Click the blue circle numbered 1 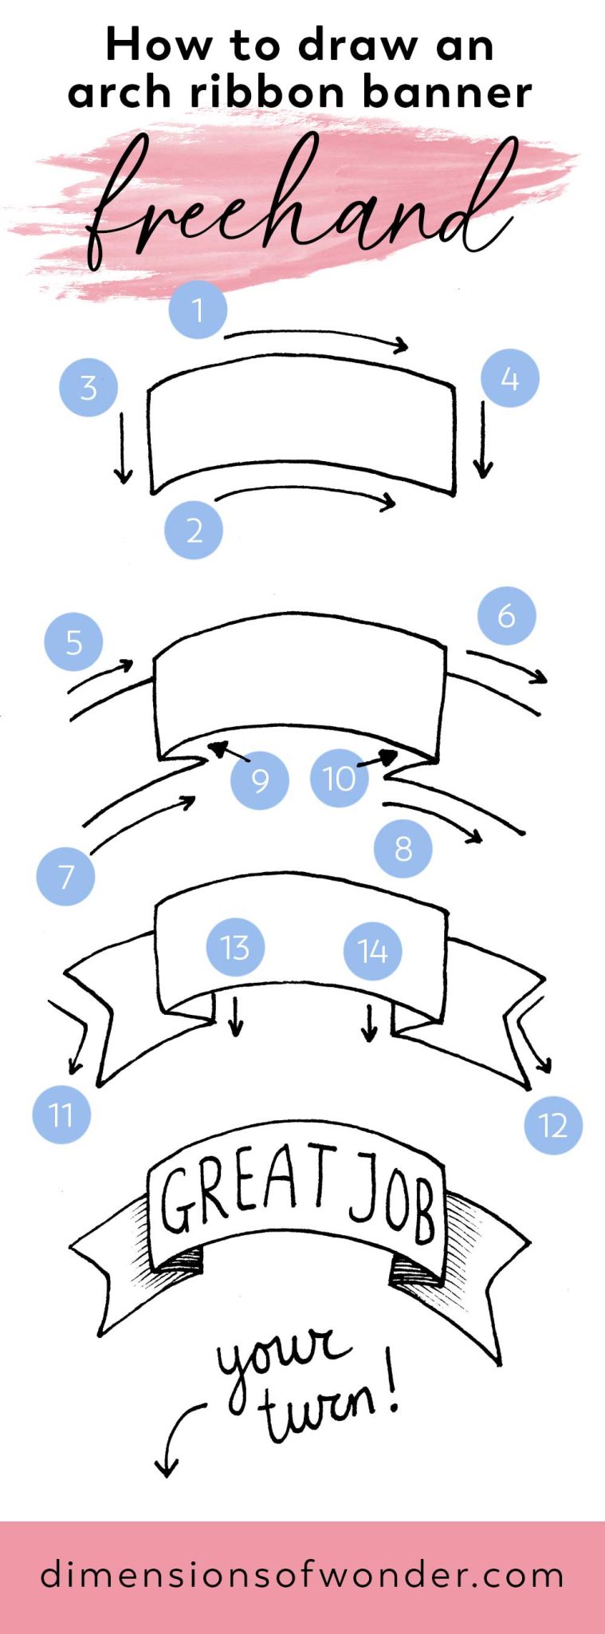(198, 310)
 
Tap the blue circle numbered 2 (194, 530)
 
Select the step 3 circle (88, 387)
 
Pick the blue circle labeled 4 (510, 378)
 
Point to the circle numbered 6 (506, 616)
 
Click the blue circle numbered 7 (65, 876)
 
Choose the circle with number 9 (260, 780)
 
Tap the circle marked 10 (340, 778)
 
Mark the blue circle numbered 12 (553, 1125)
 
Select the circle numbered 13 (235, 947)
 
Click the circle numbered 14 (372, 950)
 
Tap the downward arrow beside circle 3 (123, 447)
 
